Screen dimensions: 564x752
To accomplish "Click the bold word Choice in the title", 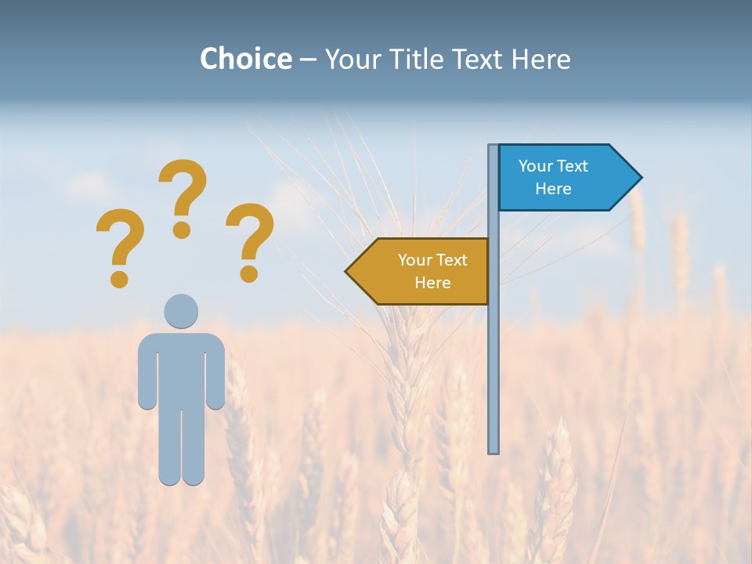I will coord(245,59).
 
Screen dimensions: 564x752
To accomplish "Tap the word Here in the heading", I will coord(540,59).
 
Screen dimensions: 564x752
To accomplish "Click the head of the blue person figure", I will coord(181,311).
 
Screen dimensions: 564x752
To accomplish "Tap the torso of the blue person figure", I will coord(181,368).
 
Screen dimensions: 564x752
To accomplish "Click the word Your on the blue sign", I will coord(536,166).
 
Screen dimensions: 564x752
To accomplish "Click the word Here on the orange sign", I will coord(432,283).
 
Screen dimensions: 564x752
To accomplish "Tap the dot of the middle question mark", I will coord(182,230).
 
